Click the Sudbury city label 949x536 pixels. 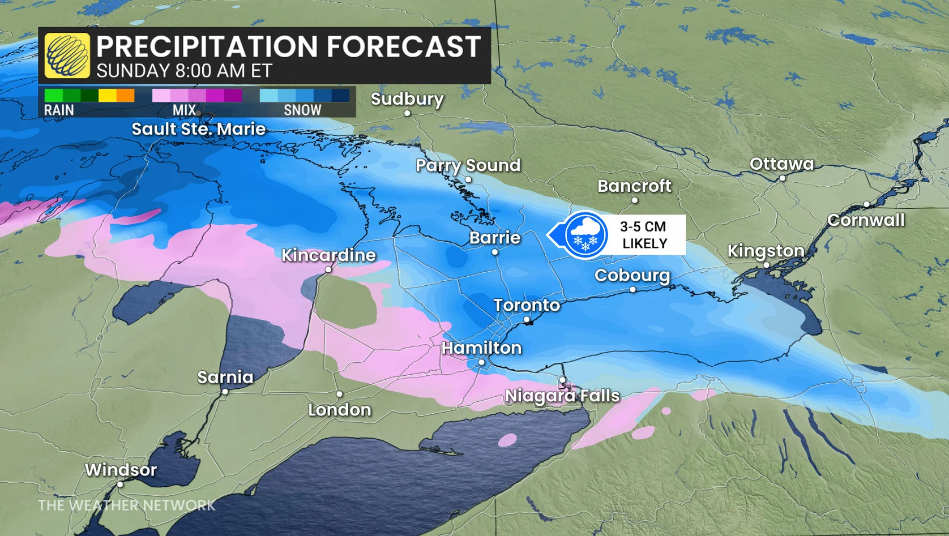pos(407,99)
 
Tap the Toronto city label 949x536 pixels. pos(527,306)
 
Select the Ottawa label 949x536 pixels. pos(781,164)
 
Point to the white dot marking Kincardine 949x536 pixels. pos(328,269)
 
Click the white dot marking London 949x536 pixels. pos(339,394)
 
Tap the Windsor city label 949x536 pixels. pos(121,470)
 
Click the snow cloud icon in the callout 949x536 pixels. pos(585,235)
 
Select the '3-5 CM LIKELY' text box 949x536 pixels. pos(644,235)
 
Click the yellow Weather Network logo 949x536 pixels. pos(67,55)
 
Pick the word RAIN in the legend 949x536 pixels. pos(59,110)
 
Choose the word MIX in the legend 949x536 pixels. pos(184,110)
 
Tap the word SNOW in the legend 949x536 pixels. pos(302,110)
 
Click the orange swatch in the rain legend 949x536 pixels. pos(126,96)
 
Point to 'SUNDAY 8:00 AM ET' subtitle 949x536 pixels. pos(184,71)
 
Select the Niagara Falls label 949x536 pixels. pos(562,396)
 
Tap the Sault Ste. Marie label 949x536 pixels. pos(198,129)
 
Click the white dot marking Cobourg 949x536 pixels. pos(632,289)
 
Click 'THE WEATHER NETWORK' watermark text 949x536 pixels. pos(126,505)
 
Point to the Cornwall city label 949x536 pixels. pos(866,220)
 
